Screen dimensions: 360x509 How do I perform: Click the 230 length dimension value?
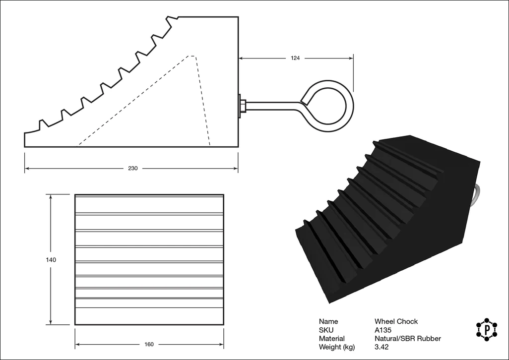click(x=132, y=169)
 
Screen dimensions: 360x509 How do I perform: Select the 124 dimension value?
click(x=295, y=58)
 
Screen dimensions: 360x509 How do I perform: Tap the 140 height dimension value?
click(x=51, y=260)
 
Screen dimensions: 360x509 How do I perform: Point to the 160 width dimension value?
click(x=149, y=345)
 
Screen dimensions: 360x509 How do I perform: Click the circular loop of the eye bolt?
click(x=329, y=106)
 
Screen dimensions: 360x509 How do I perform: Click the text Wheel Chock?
click(x=396, y=321)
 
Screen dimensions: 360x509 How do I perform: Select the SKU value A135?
click(x=382, y=330)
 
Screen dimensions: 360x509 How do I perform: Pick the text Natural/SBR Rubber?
click(x=407, y=339)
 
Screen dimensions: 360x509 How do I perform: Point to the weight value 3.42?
click(x=382, y=347)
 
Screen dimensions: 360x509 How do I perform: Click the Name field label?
click(x=328, y=321)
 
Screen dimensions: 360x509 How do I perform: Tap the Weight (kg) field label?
click(x=336, y=347)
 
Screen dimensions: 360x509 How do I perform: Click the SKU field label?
click(x=326, y=330)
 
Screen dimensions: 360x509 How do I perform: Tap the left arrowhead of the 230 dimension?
click(x=27, y=169)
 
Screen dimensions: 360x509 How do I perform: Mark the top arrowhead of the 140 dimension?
click(x=51, y=197)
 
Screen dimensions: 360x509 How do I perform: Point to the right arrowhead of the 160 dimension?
click(x=221, y=345)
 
